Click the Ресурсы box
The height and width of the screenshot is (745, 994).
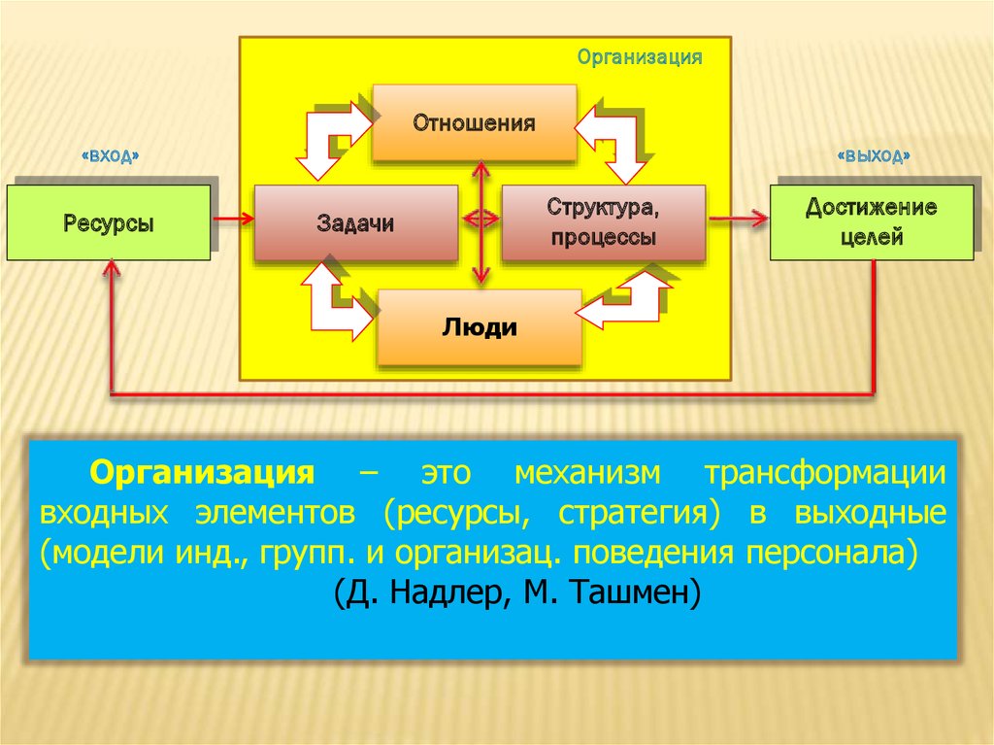pos(109,223)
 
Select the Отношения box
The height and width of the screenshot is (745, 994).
pos(475,123)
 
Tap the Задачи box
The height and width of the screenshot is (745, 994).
pos(355,223)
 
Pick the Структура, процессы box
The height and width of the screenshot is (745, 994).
pos(603,222)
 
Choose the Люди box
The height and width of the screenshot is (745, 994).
pos(480,327)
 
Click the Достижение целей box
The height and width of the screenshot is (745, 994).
pos(871,222)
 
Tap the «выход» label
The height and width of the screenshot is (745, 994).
pos(873,155)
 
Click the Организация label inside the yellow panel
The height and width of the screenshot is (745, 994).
pos(640,56)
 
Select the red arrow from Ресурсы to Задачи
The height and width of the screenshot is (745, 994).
pos(232,219)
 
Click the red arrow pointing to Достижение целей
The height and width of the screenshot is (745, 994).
pos(738,219)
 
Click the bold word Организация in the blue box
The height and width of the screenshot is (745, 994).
pos(203,474)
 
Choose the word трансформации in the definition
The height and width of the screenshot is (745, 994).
pos(825,474)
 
